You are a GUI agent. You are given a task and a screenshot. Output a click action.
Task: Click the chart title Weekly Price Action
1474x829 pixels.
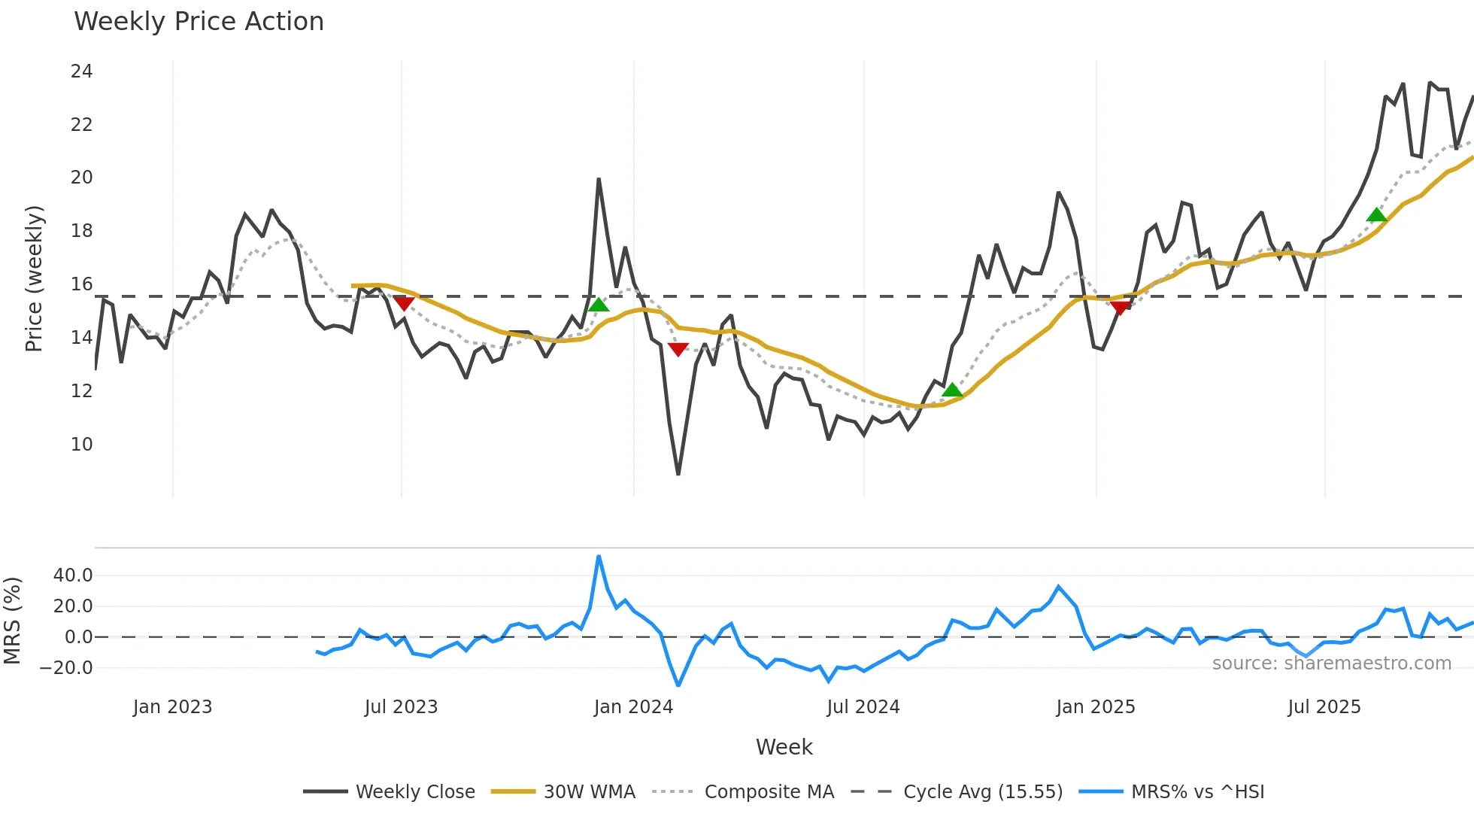click(x=199, y=22)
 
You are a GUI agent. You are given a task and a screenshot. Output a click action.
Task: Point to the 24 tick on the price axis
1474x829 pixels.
click(x=81, y=71)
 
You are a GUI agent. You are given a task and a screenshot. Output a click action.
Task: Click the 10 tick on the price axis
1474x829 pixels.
click(x=81, y=445)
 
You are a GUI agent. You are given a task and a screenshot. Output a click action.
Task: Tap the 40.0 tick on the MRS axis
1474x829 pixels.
click(x=73, y=575)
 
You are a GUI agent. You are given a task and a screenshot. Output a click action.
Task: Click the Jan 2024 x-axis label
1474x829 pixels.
click(x=633, y=707)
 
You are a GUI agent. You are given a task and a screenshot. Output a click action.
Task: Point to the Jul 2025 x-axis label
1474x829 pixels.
click(x=1324, y=707)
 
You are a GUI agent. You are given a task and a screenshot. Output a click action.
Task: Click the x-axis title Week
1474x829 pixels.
click(x=784, y=747)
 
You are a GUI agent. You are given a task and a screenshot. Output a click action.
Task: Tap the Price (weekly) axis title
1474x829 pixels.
click(x=34, y=278)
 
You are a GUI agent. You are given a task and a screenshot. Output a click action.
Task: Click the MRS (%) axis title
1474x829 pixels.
click(x=12, y=621)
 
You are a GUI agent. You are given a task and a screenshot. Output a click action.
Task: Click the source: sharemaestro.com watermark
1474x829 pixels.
click(x=1331, y=664)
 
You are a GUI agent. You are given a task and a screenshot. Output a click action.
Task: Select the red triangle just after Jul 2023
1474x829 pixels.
click(x=404, y=303)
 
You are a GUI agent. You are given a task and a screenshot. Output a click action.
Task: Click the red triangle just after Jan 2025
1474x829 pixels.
click(x=1120, y=307)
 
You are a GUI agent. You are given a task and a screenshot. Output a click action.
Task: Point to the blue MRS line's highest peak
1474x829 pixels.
click(x=599, y=557)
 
